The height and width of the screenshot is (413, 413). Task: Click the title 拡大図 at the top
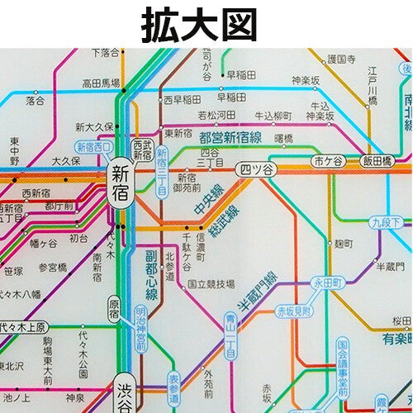tap(206, 24)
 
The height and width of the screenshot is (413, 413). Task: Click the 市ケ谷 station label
tap(328, 160)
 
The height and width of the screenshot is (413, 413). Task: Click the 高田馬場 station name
tap(101, 83)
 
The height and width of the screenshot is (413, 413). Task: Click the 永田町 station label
tap(325, 282)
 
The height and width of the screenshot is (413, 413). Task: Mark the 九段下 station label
tap(386, 222)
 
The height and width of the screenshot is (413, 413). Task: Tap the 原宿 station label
tap(114, 311)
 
